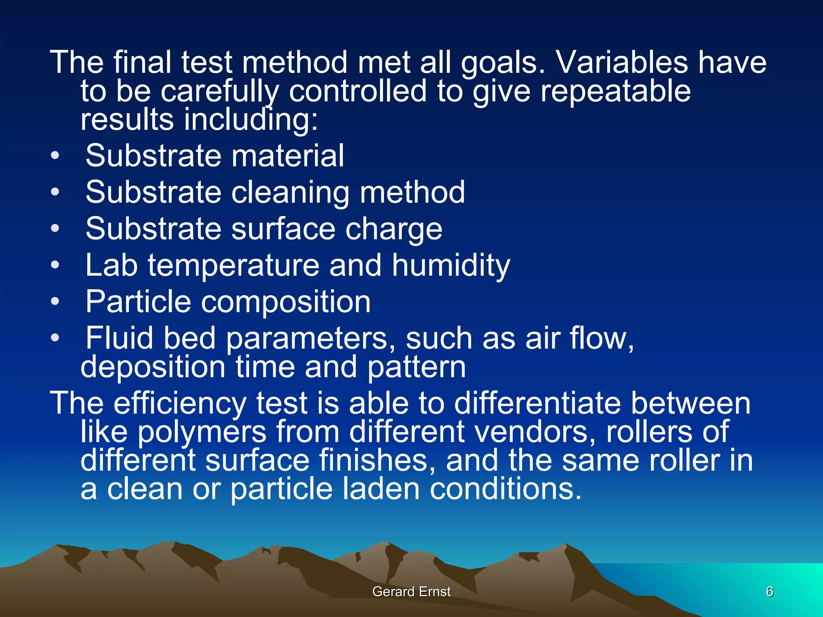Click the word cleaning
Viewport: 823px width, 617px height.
290,192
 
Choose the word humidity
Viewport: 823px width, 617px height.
451,266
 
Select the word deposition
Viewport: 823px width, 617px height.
153,367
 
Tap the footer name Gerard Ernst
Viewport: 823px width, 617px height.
411,592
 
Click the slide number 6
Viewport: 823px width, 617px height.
770,592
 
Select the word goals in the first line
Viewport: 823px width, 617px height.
503,63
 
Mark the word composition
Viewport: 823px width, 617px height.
285,302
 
